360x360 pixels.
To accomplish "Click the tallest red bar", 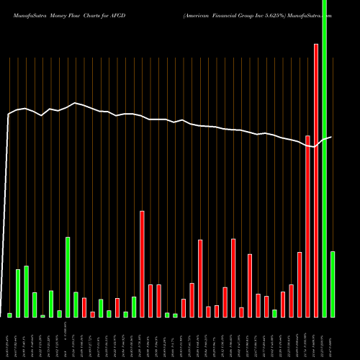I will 315,180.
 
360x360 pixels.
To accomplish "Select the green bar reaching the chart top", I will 324,158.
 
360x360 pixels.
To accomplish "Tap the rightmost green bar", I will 332,284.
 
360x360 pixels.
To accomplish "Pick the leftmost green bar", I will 10,315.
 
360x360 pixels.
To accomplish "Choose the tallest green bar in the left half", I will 68,276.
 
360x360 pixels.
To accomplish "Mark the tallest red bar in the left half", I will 142,264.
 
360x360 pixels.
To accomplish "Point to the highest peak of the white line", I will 75,103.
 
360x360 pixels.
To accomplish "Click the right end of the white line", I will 331,137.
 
